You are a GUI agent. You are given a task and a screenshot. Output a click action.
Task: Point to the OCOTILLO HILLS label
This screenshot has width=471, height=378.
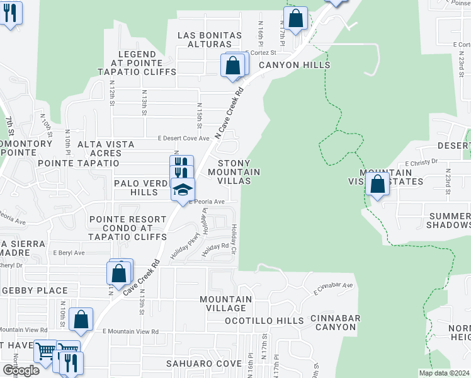(x=264, y=321)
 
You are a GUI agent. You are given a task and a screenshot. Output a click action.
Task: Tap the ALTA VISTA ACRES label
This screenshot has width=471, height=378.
(x=106, y=149)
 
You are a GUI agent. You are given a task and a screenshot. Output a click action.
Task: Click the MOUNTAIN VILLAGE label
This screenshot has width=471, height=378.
(x=225, y=304)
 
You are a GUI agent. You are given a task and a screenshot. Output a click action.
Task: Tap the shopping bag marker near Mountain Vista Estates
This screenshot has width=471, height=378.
(x=377, y=185)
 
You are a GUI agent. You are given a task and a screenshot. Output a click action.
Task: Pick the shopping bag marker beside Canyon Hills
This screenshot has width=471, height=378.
(x=232, y=65)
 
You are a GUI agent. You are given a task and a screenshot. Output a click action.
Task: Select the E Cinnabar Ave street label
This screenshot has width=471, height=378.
(x=333, y=288)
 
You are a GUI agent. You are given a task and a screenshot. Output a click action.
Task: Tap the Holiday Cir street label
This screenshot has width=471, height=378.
(x=233, y=235)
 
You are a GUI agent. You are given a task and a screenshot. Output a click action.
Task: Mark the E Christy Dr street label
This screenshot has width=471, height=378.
(x=421, y=162)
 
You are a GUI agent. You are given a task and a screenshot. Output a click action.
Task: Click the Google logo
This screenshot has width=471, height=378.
(x=20, y=370)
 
